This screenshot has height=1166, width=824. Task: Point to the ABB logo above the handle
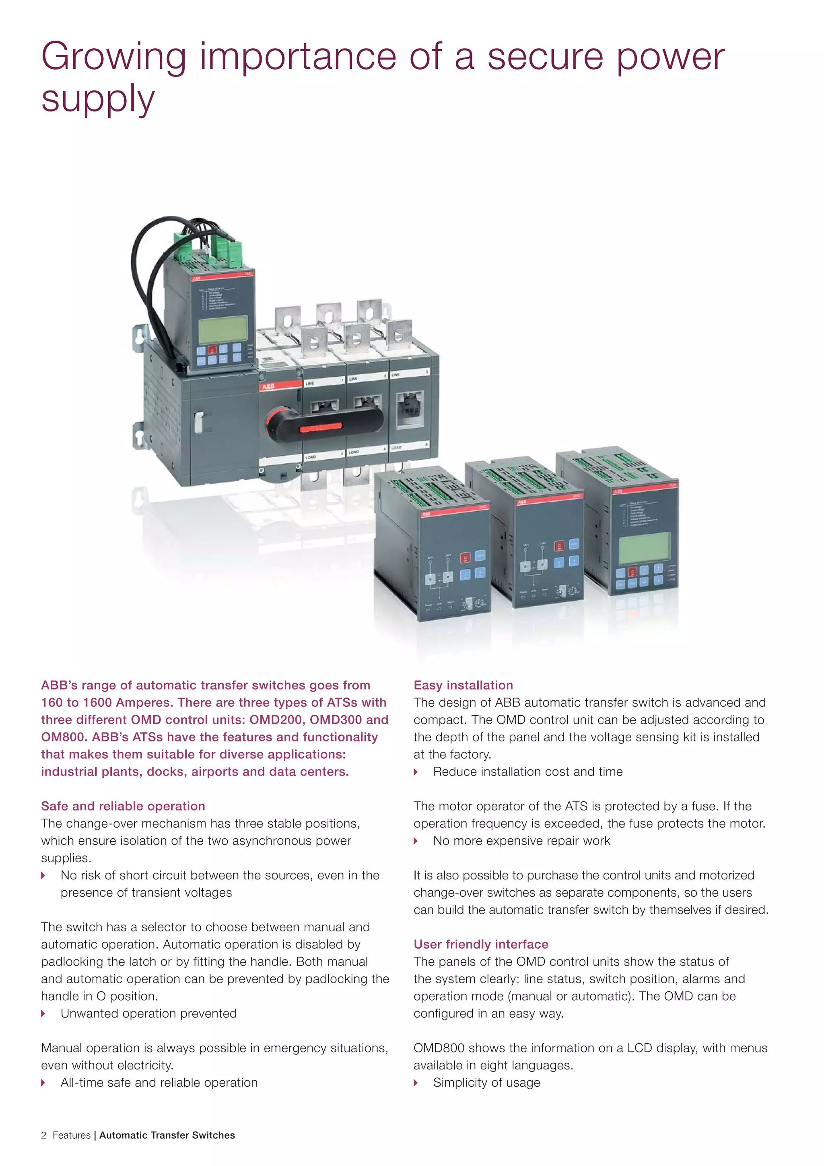point(268,386)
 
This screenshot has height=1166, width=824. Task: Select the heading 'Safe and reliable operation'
point(123,806)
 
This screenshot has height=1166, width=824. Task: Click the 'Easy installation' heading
point(463,685)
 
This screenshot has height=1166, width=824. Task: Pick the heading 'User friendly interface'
point(481,944)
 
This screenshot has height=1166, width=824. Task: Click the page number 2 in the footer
point(44,1135)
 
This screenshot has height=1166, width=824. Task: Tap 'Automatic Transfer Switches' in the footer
point(167,1135)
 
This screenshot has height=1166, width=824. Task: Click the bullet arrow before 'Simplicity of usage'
point(416,1082)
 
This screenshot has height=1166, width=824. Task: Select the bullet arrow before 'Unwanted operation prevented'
point(43,1013)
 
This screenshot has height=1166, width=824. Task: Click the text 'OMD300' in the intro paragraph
point(336,720)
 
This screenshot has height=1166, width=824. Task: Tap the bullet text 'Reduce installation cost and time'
point(527,772)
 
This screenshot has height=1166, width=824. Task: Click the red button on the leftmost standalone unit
point(465,557)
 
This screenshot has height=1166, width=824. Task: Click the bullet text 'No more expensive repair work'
point(521,840)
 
